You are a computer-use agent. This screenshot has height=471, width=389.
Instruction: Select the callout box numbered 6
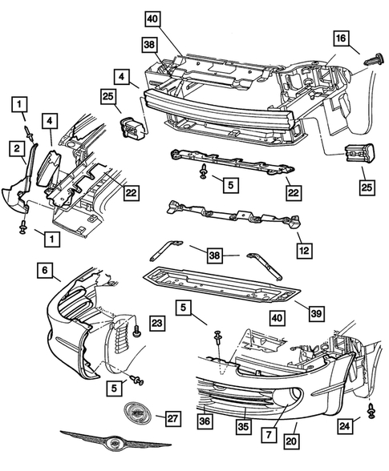click(x=45, y=272)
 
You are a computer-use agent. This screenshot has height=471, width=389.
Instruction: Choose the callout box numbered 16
click(x=341, y=38)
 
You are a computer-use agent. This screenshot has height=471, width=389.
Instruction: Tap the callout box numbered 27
click(x=170, y=418)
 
